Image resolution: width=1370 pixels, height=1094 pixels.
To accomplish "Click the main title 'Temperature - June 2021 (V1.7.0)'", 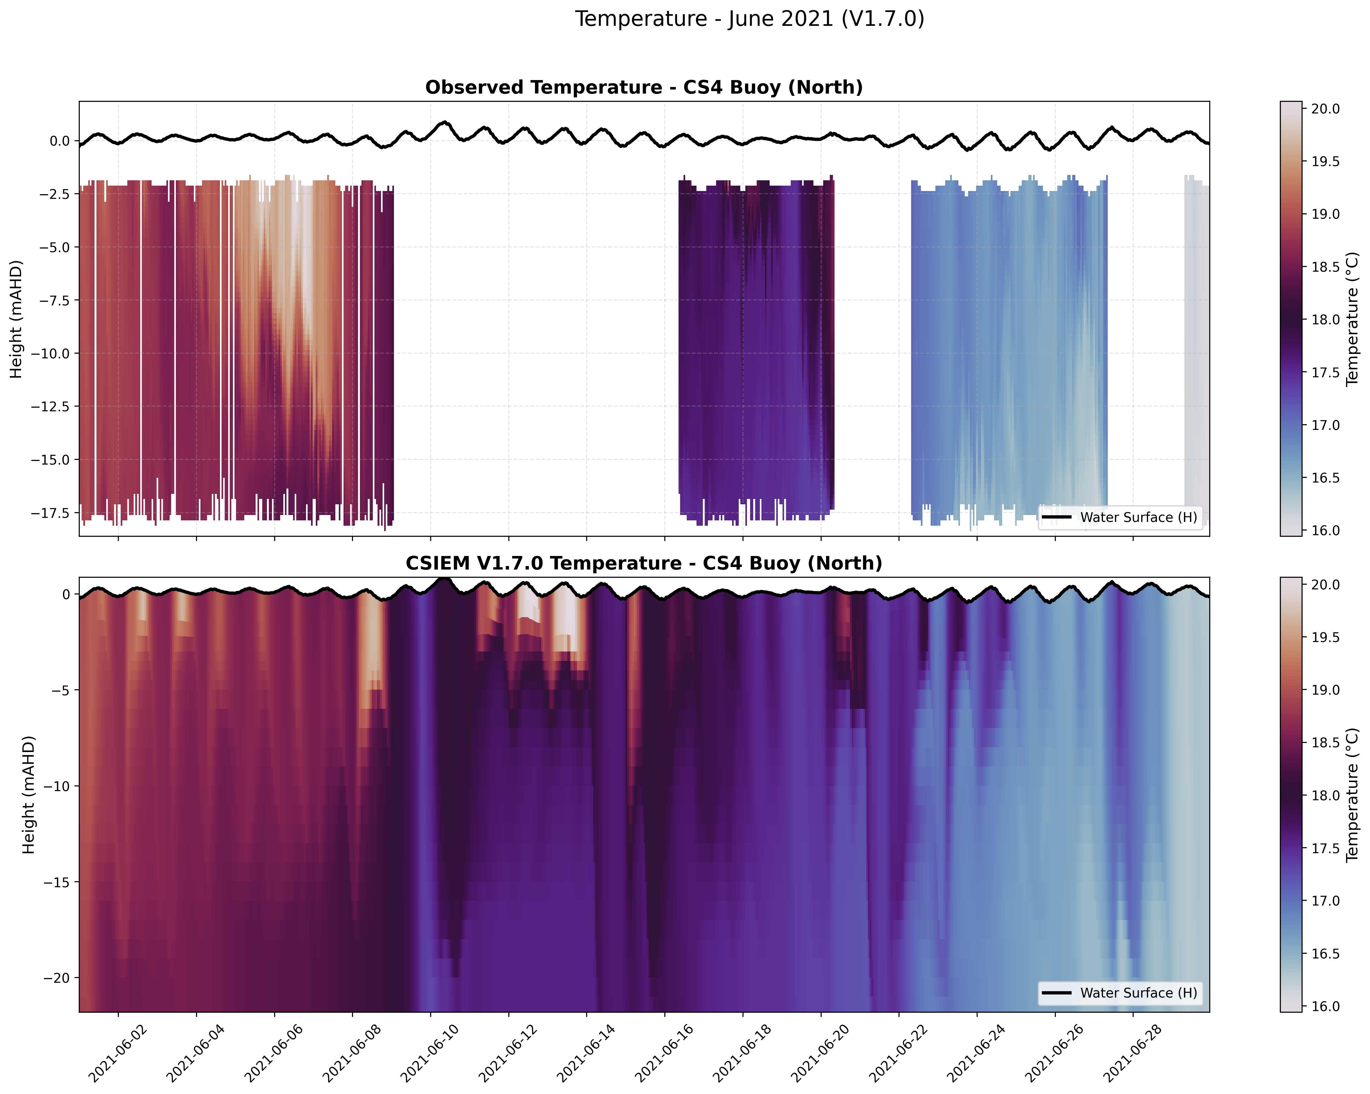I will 749,19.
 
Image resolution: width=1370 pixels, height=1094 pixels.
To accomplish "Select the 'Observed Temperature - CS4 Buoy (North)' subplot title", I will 644,88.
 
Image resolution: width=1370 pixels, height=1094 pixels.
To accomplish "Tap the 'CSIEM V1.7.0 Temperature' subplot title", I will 644,564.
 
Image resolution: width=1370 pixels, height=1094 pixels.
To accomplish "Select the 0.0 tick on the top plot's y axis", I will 61,141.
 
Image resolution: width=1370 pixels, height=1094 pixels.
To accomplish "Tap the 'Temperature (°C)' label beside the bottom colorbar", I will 1352,795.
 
